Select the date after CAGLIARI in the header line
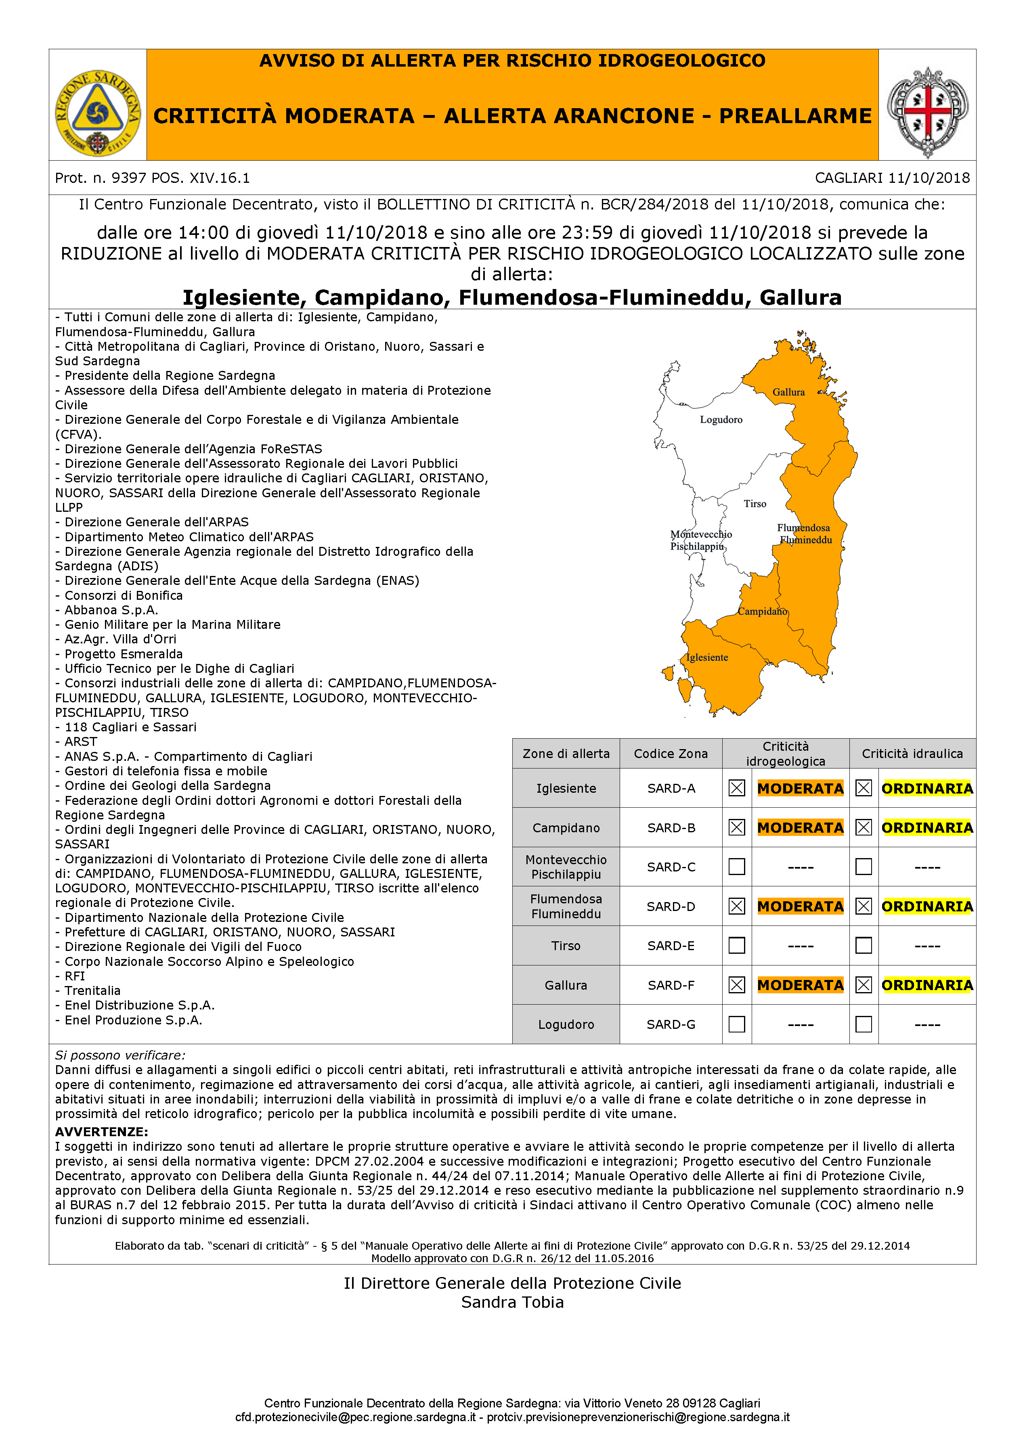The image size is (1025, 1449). point(929,178)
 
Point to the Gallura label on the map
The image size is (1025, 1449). point(788,392)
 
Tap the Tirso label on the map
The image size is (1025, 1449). point(755,504)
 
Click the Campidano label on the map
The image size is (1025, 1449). point(763,611)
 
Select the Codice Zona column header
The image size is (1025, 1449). point(671,754)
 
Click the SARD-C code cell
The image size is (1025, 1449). point(671,867)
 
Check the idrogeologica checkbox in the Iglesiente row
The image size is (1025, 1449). point(737,788)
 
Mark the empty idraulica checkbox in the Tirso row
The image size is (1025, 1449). point(864,945)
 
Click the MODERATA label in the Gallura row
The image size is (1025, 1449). point(800,985)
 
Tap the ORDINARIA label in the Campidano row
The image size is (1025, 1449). point(927,827)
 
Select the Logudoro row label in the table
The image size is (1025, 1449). point(566,1024)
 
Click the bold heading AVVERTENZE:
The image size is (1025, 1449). point(102,1132)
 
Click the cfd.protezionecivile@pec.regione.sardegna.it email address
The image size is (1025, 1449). point(355,1418)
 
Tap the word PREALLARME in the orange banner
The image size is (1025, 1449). point(795,116)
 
